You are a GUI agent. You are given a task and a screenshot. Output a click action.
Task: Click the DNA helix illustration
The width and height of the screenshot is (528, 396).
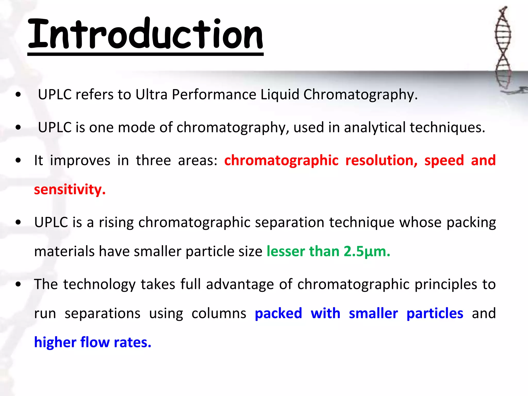pyautogui.click(x=503, y=49)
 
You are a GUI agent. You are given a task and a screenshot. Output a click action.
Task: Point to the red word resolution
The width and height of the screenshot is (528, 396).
pyautogui.click(x=381, y=160)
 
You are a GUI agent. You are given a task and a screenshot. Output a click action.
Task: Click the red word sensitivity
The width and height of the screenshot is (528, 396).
pyautogui.click(x=70, y=189)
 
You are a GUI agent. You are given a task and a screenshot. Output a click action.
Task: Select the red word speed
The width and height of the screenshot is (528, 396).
pyautogui.click(x=444, y=160)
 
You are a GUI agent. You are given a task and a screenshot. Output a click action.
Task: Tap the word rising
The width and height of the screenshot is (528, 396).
pyautogui.click(x=116, y=222)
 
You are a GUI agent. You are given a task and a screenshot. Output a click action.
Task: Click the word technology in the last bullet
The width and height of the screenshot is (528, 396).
pyautogui.click(x=99, y=284)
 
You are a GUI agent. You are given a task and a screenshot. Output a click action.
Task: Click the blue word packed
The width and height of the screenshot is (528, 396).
pyautogui.click(x=278, y=313)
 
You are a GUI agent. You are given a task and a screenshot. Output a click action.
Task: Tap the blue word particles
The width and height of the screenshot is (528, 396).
pyautogui.click(x=435, y=313)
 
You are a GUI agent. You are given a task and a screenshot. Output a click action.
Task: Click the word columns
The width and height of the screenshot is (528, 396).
pyautogui.click(x=219, y=313)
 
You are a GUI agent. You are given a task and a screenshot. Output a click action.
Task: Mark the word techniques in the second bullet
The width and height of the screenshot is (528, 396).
pyautogui.click(x=447, y=127)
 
